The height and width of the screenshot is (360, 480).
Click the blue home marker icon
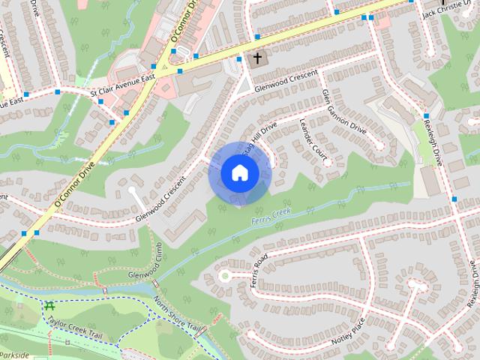[x=239, y=173]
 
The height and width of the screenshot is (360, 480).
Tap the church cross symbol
[x=256, y=57]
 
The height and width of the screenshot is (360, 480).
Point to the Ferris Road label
[x=259, y=272]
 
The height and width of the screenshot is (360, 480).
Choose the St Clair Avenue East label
[x=122, y=90]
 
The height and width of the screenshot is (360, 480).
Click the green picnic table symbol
[x=49, y=306]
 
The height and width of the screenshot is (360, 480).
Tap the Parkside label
[x=14, y=355]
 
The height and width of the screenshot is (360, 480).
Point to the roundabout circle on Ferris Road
[x=223, y=276]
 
